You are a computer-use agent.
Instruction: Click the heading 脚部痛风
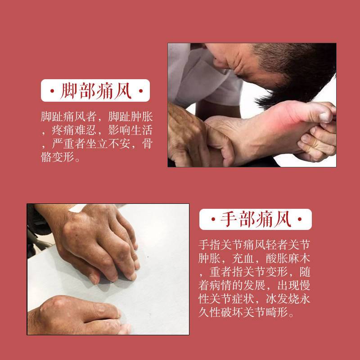[x=96, y=91]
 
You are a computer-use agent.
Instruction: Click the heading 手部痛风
[x=256, y=219]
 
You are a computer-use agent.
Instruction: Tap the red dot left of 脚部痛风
[x=52, y=91]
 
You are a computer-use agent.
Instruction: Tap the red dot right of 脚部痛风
[x=141, y=91]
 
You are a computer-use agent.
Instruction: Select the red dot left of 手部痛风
[x=213, y=219]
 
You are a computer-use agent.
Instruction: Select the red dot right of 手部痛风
[x=300, y=219]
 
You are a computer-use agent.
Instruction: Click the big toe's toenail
[x=325, y=117]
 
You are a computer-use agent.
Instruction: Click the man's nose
[x=219, y=61]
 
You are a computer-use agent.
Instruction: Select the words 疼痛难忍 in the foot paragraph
[x=74, y=130]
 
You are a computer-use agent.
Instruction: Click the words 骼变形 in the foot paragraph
[x=58, y=157]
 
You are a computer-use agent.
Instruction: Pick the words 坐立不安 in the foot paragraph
[x=108, y=144]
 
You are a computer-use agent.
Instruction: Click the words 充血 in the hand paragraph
[x=243, y=258]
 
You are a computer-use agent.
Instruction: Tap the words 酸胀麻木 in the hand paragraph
[x=288, y=258]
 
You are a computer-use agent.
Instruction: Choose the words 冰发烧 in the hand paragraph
[x=283, y=299]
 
